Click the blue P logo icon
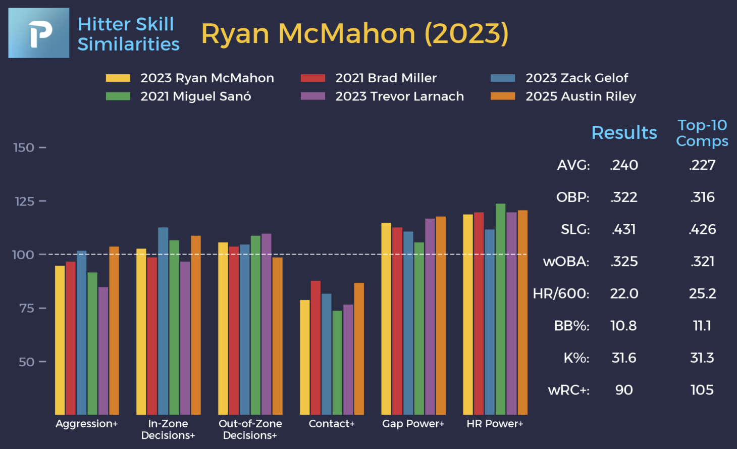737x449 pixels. tap(39, 33)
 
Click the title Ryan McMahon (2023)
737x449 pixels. tap(355, 34)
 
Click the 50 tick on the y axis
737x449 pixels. tap(26, 362)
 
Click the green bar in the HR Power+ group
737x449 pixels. tap(500, 309)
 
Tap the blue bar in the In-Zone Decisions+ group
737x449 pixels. tap(163, 321)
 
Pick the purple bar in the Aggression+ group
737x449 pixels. tap(103, 351)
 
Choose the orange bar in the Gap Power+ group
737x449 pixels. tap(441, 315)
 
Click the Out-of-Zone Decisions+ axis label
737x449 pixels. tap(250, 429)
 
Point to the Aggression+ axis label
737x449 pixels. tap(87, 424)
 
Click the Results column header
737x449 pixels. tap(624, 132)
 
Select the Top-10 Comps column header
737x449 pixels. tap(702, 133)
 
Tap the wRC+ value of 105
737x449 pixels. tap(702, 390)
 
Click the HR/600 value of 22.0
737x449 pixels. tap(624, 293)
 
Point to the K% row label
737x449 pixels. tap(576, 358)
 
